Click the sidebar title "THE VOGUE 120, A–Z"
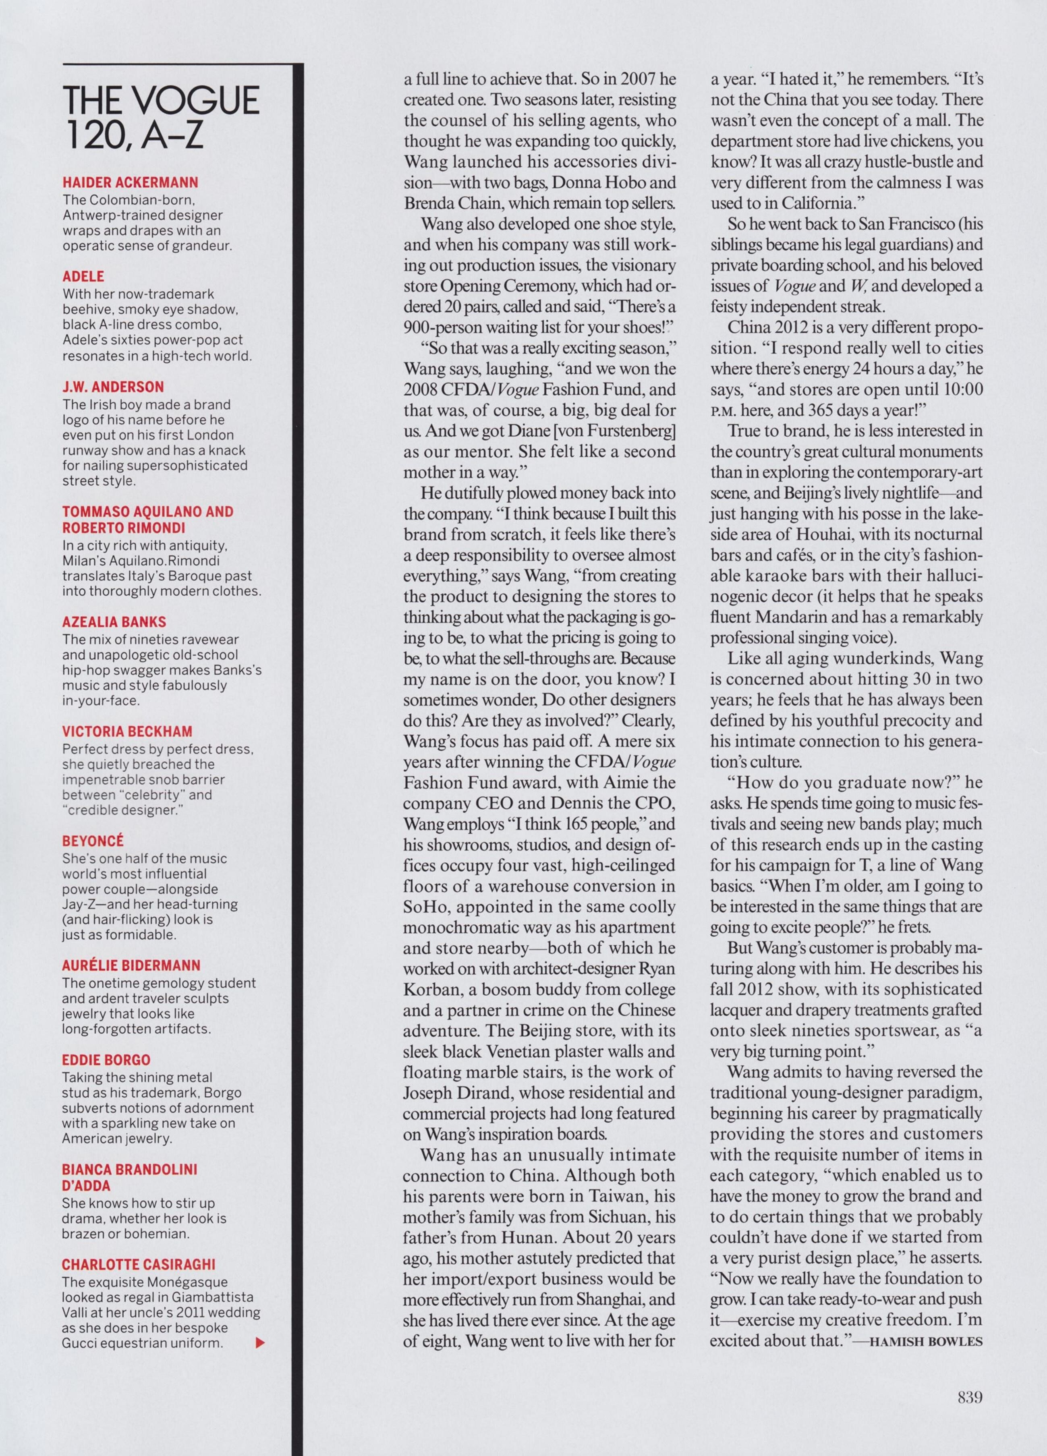tap(160, 118)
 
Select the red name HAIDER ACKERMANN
tap(130, 183)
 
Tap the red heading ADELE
tap(83, 277)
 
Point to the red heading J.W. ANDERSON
tap(113, 387)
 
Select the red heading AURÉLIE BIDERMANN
tap(131, 965)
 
